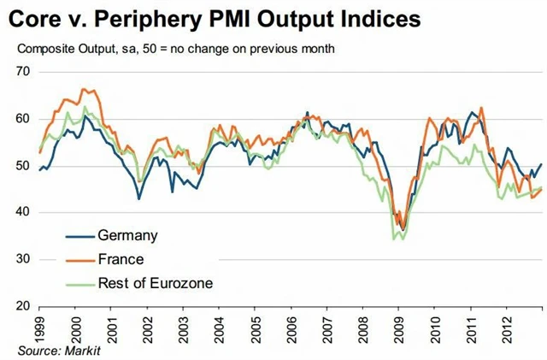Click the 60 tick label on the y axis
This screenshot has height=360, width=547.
click(23, 119)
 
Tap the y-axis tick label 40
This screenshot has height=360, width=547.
click(23, 212)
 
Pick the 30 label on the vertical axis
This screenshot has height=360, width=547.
click(23, 259)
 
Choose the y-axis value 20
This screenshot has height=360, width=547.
click(23, 305)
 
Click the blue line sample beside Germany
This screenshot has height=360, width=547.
click(79, 235)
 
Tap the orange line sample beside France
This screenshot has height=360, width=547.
click(79, 259)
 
